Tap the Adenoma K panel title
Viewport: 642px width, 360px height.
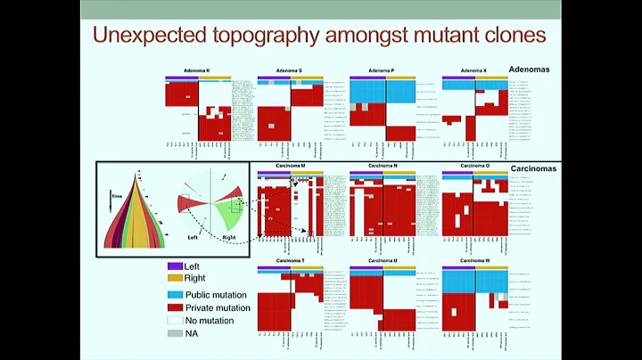click(x=196, y=70)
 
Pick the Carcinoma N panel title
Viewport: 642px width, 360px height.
click(x=381, y=166)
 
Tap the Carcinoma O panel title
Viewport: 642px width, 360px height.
click(x=473, y=166)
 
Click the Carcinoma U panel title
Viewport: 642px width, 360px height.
click(x=381, y=260)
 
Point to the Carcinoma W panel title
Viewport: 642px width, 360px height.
click(x=473, y=260)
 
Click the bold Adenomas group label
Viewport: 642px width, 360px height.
click(x=531, y=68)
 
